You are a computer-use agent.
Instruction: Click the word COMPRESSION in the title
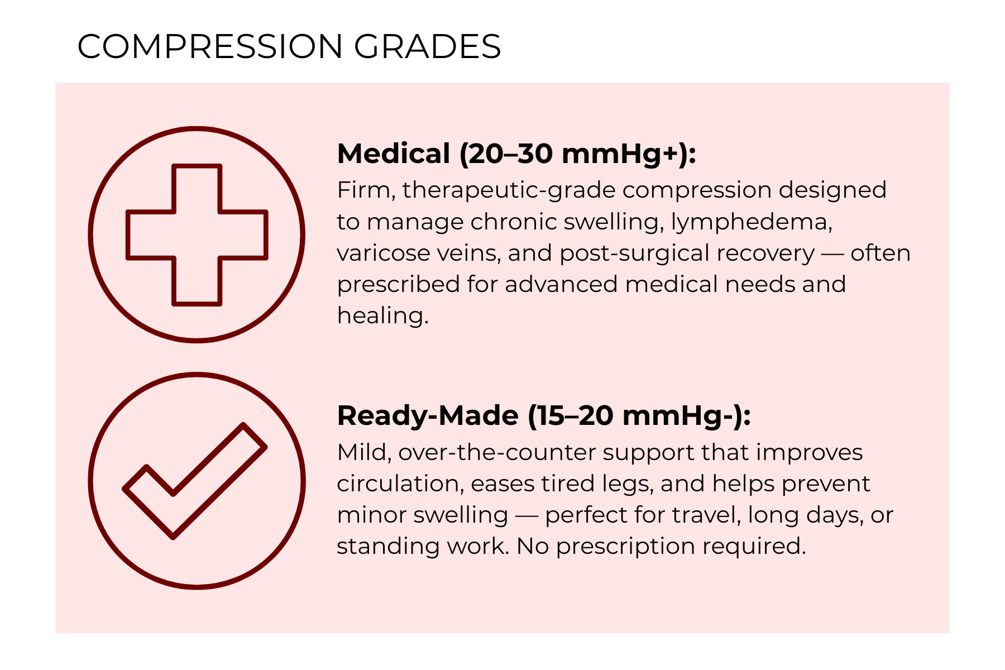tap(210, 46)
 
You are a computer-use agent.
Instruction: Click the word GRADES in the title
tap(427, 46)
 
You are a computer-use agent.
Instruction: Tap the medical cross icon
tap(197, 234)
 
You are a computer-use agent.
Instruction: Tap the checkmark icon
tap(194, 481)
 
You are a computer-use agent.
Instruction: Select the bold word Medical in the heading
tap(394, 154)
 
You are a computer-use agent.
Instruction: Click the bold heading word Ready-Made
tap(428, 415)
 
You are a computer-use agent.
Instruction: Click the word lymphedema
tap(752, 222)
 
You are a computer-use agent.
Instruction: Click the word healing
tap(382, 316)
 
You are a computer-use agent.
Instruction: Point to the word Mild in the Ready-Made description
tap(364, 452)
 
